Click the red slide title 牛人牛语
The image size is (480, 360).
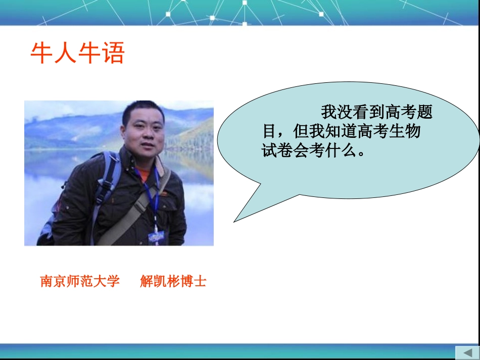pos(77,53)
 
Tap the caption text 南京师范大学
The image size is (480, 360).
pos(80,281)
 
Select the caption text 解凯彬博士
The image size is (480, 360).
pos(173,281)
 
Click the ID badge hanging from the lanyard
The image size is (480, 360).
pos(156,236)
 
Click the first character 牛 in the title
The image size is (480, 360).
pos(42,53)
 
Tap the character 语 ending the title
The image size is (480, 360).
pos(113,53)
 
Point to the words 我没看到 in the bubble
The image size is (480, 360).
pos(353,112)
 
